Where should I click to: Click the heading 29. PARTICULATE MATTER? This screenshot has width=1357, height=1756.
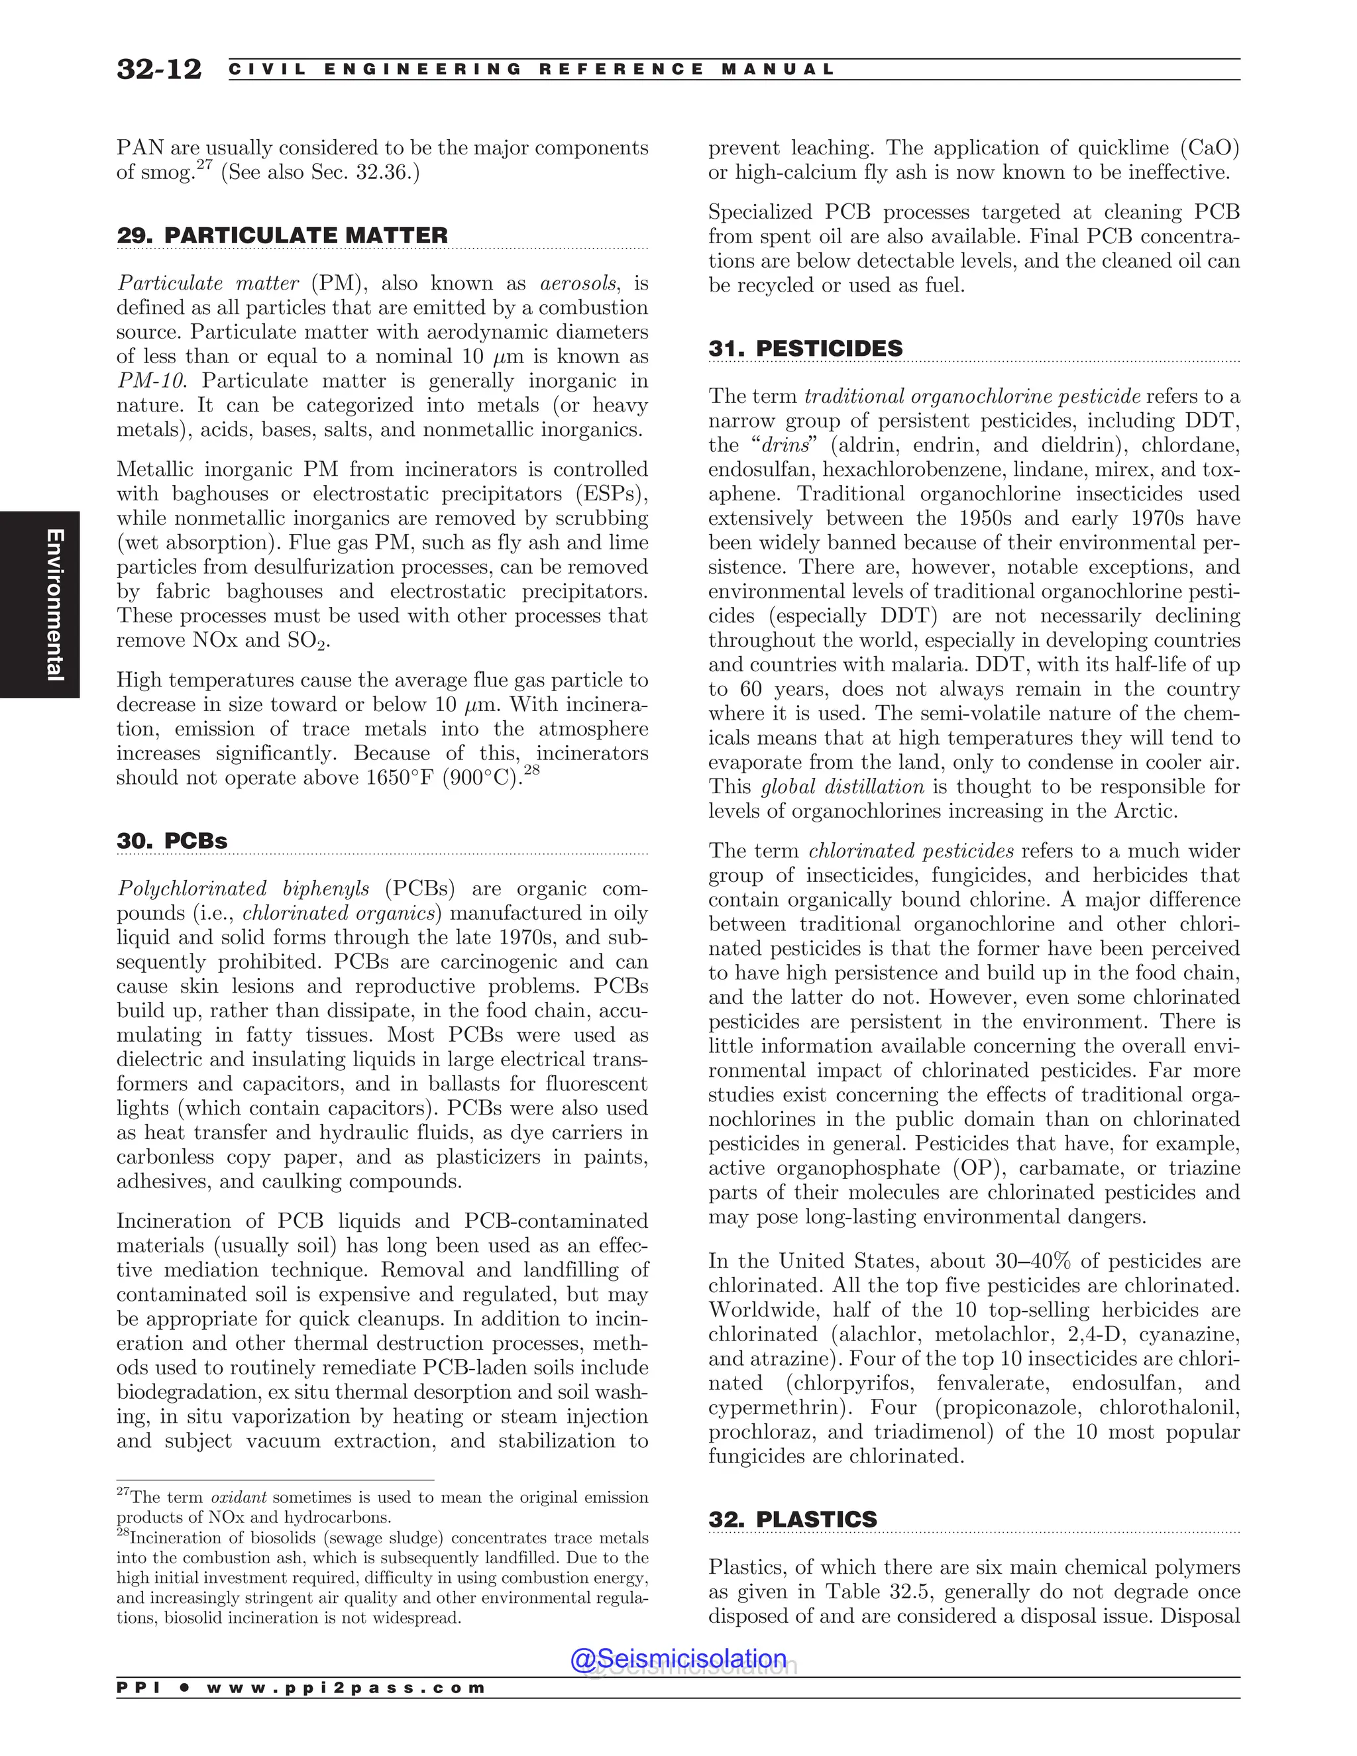coord(282,236)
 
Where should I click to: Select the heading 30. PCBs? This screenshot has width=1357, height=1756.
coord(172,841)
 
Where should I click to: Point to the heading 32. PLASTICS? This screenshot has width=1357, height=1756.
coord(792,1519)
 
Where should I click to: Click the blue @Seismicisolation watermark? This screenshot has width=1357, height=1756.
coord(678,1659)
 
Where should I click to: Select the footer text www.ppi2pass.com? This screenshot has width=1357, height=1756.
coord(346,1688)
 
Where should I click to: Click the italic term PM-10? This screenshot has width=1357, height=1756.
coord(150,381)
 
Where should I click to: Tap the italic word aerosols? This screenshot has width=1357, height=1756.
coord(578,283)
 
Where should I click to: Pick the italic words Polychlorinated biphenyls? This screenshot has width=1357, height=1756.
coord(244,889)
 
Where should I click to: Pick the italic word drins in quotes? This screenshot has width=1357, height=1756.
coord(785,445)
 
